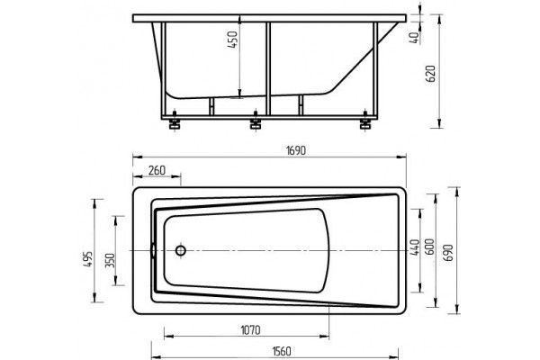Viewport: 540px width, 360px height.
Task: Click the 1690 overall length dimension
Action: coord(296,151)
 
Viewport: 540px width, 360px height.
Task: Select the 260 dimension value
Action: coord(157,170)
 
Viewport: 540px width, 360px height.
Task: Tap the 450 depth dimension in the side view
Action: coord(233,40)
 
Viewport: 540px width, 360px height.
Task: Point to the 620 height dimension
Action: coord(431,74)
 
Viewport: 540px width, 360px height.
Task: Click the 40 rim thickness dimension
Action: coord(416,37)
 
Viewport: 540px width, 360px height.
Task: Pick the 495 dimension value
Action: coord(88,259)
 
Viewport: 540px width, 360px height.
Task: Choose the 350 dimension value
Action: coord(110,262)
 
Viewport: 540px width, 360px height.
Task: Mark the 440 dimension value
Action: coord(415,247)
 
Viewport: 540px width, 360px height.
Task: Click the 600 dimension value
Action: coord(430,247)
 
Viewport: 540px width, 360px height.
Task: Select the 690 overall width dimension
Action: coord(449,253)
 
